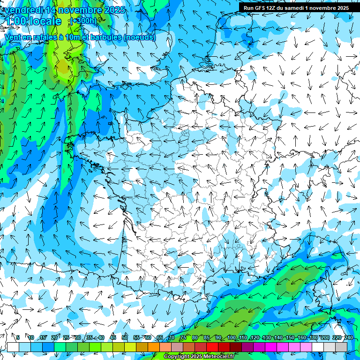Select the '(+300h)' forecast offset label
pyautogui.click(x=83, y=21)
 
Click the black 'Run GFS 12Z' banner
pyautogui.click(x=296, y=8)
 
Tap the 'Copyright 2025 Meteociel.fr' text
pyautogui.click(x=199, y=357)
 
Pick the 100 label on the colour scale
pyautogui.click(x=232, y=338)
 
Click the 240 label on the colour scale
pyautogui.click(x=349, y=338)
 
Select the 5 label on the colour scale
pyautogui.click(x=18, y=338)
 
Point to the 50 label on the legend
pyautogui.click(x=125, y=338)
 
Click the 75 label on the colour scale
pyautogui.click(x=183, y=338)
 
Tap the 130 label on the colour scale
pyautogui.click(x=267, y=338)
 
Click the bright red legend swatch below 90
pyautogui.click(x=212, y=347)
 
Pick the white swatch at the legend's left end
pyautogui.click(x=13, y=347)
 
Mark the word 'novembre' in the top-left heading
pyautogui.click(x=79, y=10)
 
